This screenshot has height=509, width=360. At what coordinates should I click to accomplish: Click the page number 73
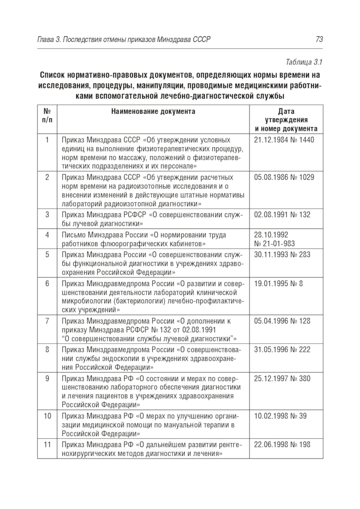click(319, 40)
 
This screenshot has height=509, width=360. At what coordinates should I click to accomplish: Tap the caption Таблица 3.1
click(304, 62)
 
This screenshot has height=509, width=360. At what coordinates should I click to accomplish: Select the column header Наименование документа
click(153, 111)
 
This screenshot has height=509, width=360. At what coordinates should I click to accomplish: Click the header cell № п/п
click(47, 115)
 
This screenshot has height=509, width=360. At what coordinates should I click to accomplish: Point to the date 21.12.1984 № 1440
click(284, 140)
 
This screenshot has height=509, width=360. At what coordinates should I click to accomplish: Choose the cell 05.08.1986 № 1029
click(284, 177)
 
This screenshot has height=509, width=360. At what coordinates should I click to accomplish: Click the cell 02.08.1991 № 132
click(282, 215)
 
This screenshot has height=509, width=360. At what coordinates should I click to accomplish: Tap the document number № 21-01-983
click(274, 244)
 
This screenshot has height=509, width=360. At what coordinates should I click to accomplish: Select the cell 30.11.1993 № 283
click(282, 255)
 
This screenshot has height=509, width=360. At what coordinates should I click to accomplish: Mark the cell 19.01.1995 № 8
click(278, 283)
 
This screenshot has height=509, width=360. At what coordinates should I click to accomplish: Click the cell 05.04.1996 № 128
click(282, 321)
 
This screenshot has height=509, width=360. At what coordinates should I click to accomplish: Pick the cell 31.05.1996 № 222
click(282, 350)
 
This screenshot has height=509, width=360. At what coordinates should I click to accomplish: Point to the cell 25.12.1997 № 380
click(282, 379)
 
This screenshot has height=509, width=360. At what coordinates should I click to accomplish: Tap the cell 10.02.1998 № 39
click(280, 416)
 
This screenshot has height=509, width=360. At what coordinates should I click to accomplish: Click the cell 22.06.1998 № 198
click(282, 445)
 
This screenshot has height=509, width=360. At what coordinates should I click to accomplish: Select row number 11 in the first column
click(47, 445)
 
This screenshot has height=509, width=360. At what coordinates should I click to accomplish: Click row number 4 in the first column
click(47, 235)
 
